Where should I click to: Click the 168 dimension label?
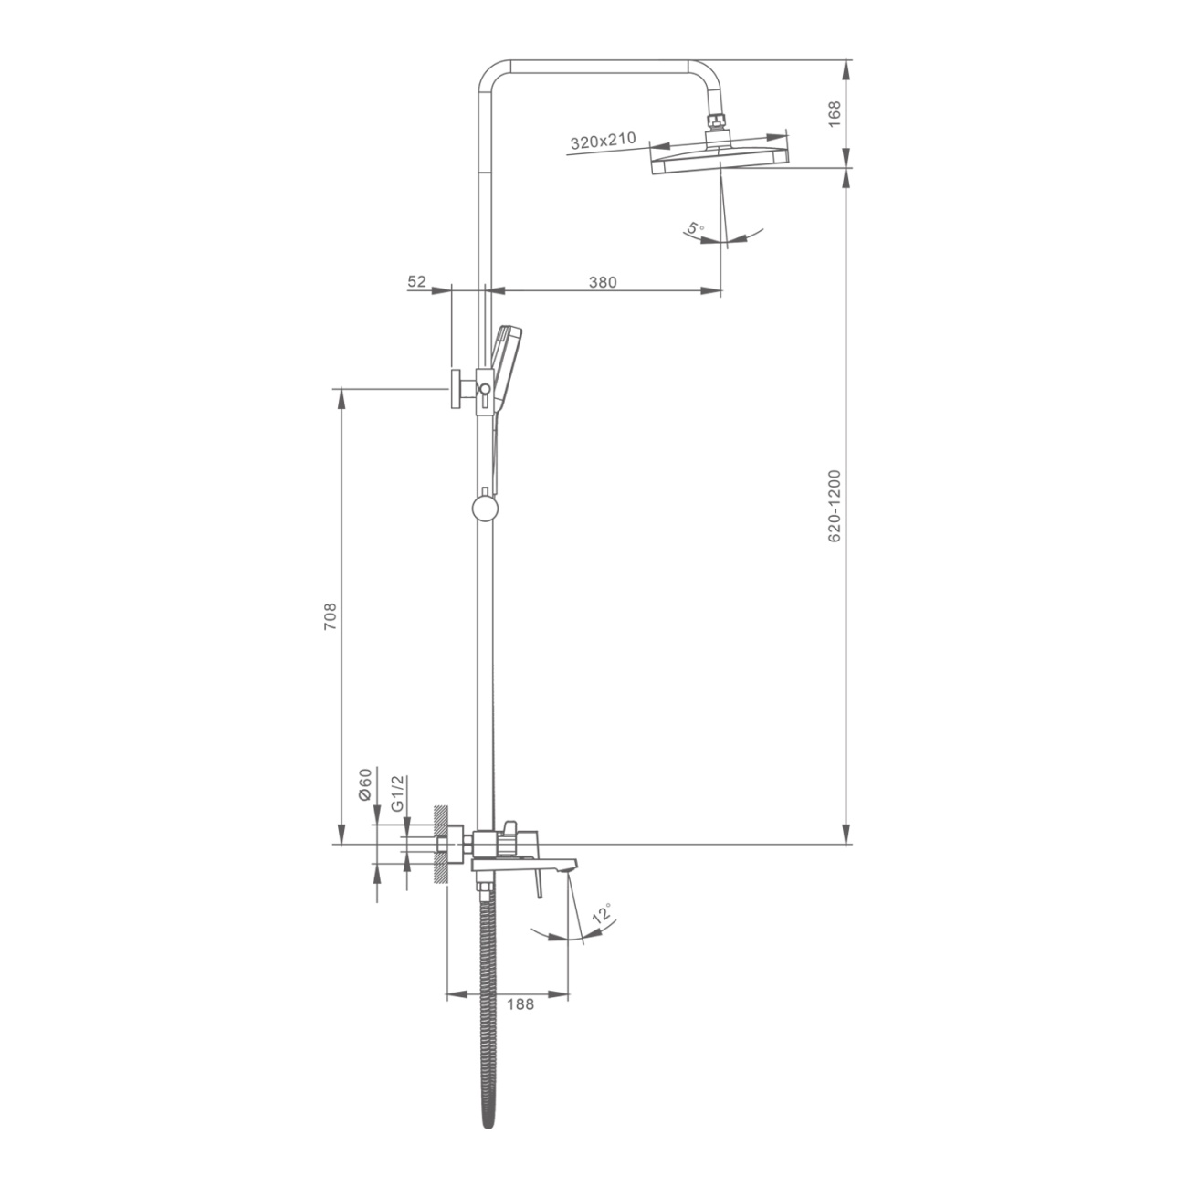(x=834, y=113)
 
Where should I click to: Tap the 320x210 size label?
(x=603, y=141)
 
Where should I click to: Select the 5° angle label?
(x=696, y=229)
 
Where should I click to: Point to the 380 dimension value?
(x=603, y=282)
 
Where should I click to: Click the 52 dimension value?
(x=416, y=281)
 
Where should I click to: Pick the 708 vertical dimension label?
(x=331, y=615)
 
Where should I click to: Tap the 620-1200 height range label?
(x=834, y=507)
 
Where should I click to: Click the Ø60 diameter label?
(x=364, y=784)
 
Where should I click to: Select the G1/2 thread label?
(x=398, y=793)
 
